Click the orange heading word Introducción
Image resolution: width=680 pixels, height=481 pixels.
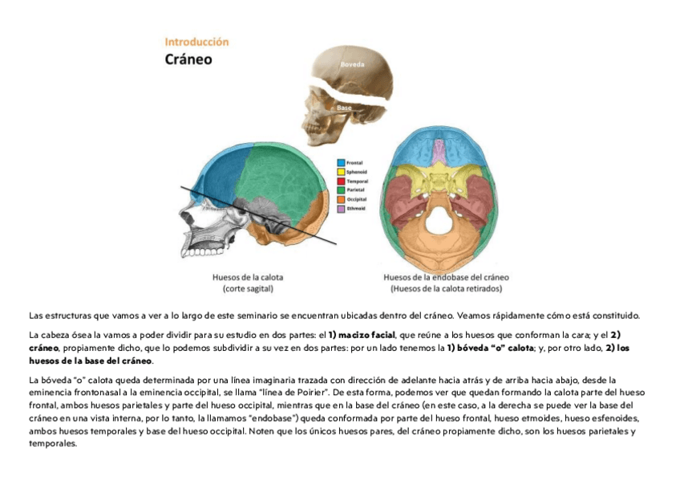pyautogui.click(x=196, y=41)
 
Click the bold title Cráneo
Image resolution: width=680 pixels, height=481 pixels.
pyautogui.click(x=188, y=59)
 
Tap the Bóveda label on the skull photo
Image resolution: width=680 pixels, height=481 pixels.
pyautogui.click(x=352, y=63)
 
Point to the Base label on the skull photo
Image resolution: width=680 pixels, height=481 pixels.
pyautogui.click(x=344, y=108)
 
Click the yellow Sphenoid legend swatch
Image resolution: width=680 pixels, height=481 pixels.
pyautogui.click(x=341, y=172)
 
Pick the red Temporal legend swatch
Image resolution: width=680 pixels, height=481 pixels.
pyautogui.click(x=341, y=181)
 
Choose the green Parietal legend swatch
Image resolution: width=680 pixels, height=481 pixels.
pyautogui.click(x=341, y=190)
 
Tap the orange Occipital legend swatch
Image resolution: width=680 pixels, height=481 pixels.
pyautogui.click(x=341, y=199)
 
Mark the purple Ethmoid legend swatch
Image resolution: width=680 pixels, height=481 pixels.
pyautogui.click(x=341, y=209)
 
